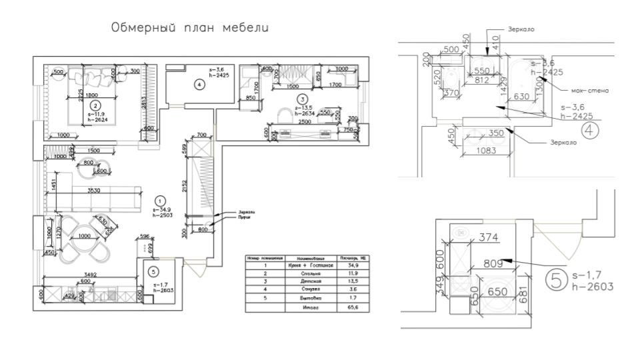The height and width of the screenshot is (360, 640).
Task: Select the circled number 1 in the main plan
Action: click(159, 199)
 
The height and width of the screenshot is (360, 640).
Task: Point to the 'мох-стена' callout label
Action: click(590, 90)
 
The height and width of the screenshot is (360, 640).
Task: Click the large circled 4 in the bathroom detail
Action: click(590, 130)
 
